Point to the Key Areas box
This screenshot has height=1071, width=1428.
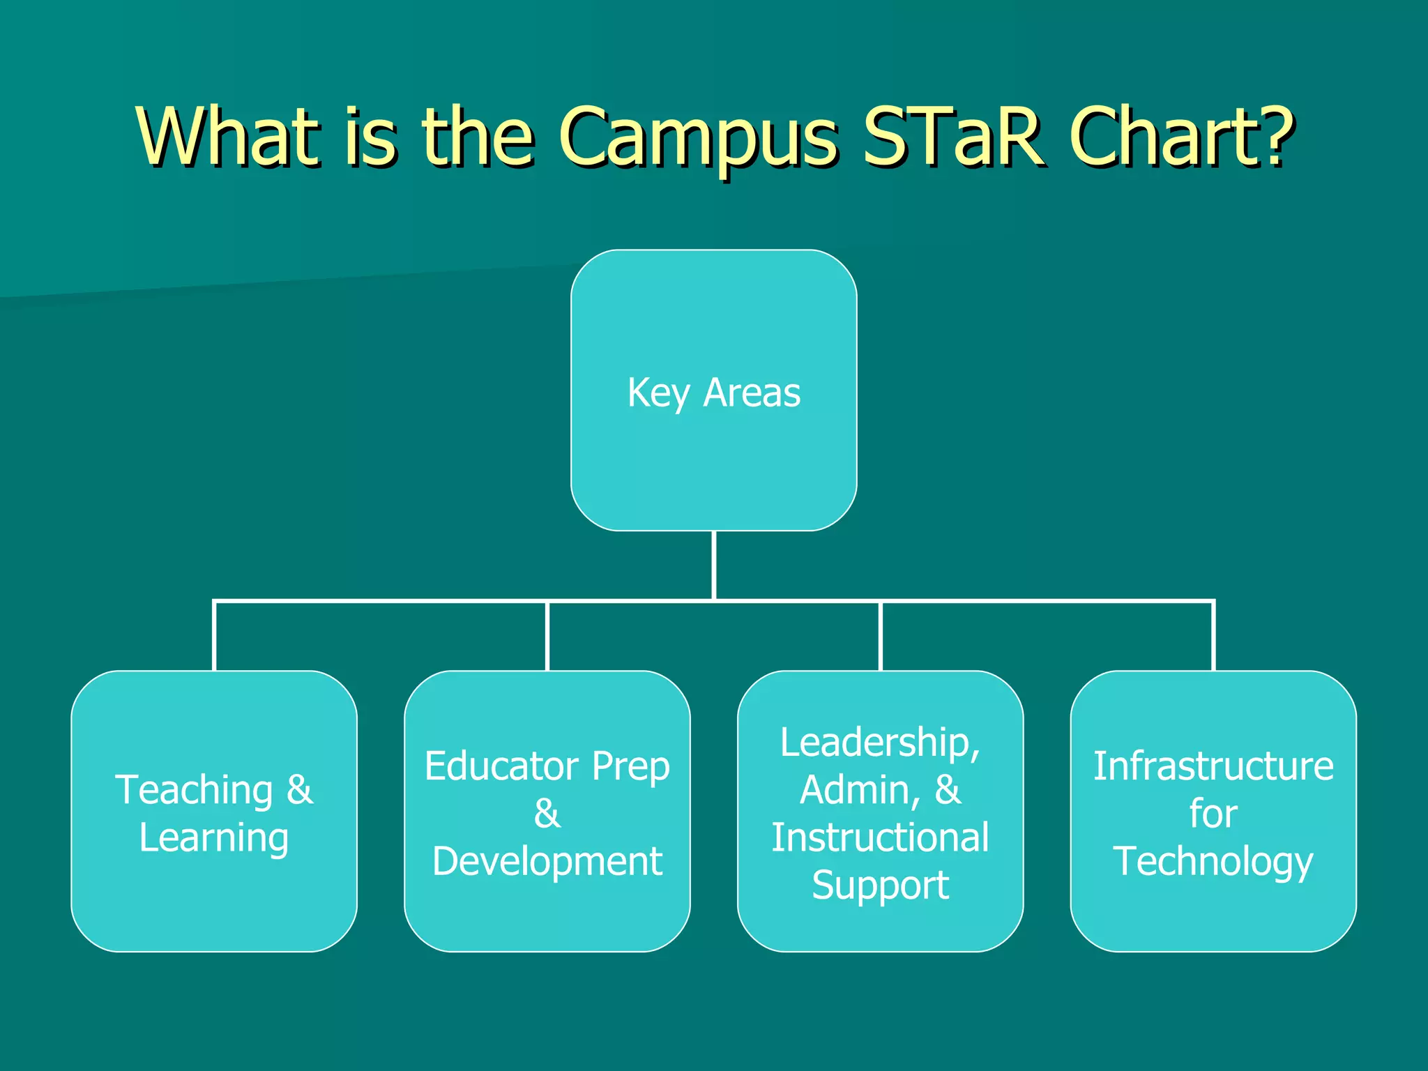coord(713,390)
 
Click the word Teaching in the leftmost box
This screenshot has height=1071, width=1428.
coord(194,790)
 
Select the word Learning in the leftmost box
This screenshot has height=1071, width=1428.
coord(213,837)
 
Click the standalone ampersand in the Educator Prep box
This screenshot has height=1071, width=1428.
coord(547,814)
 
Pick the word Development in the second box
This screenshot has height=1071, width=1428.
coord(547,861)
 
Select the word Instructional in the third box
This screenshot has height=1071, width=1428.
coord(880,837)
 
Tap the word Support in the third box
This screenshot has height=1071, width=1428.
coord(880,886)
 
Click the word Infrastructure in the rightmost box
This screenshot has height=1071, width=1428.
coord(1213,766)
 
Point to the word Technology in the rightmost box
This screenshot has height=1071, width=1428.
coord(1213,862)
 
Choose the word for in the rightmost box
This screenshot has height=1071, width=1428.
coord(1213,814)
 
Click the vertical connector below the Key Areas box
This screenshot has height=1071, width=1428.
coord(714,565)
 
